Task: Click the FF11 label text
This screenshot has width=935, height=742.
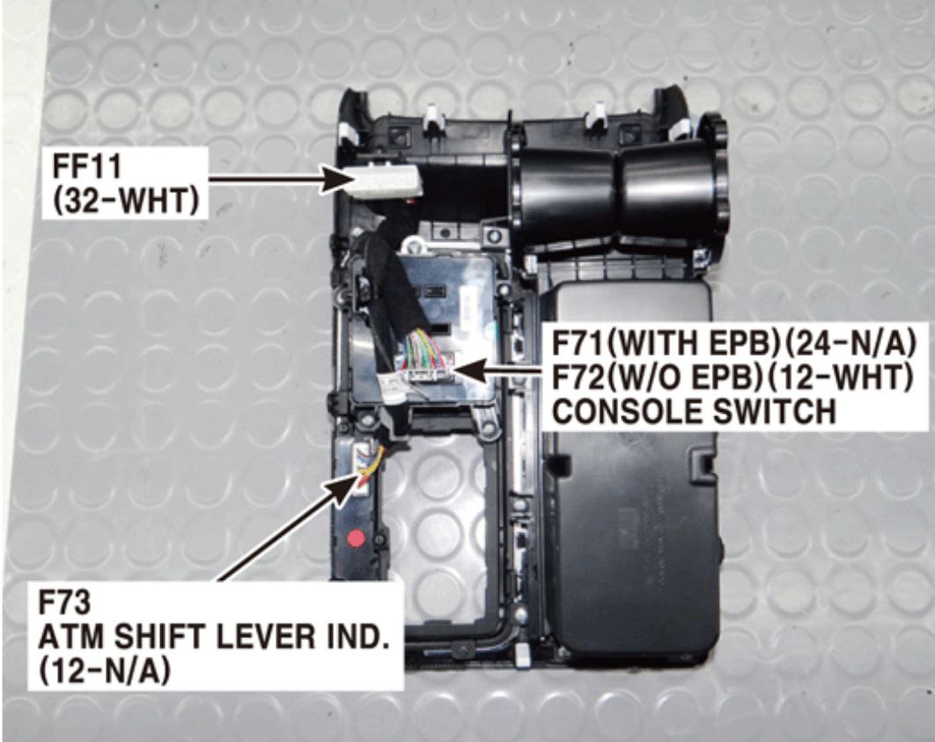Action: pyautogui.click(x=87, y=166)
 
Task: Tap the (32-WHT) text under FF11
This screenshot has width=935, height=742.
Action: pyautogui.click(x=126, y=202)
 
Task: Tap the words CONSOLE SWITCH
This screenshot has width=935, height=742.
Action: pyautogui.click(x=695, y=411)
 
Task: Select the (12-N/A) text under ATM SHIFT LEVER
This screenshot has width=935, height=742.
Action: pyautogui.click(x=105, y=672)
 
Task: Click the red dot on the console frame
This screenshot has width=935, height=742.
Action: pyautogui.click(x=356, y=539)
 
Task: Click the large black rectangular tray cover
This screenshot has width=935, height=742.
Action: pyautogui.click(x=632, y=471)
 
